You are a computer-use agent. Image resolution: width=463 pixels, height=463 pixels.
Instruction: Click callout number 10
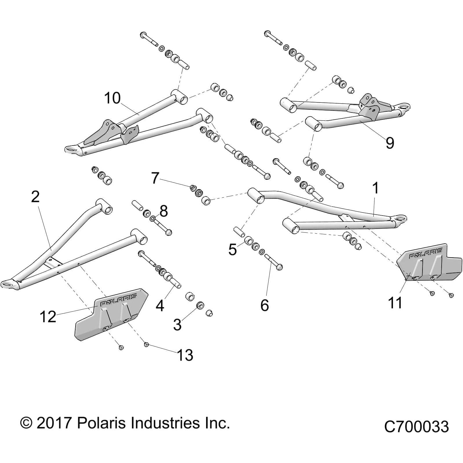[x=112, y=98]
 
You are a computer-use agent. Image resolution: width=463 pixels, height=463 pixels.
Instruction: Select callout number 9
[x=390, y=143]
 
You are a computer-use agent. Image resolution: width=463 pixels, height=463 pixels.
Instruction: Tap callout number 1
[x=376, y=188]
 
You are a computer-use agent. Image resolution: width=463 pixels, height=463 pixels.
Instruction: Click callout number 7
[x=155, y=178]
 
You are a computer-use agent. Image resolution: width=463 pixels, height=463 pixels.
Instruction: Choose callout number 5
[x=232, y=249]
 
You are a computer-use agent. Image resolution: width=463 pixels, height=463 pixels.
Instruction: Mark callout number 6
[x=264, y=305]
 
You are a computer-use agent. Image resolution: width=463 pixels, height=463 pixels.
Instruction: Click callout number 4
[x=160, y=305]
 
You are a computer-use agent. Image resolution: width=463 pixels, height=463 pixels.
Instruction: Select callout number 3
[x=177, y=324]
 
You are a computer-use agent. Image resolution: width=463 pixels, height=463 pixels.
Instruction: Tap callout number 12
[x=48, y=317]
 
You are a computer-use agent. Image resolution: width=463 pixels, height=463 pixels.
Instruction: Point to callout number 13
[x=185, y=355]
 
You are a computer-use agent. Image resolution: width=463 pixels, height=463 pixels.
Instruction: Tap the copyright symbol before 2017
[x=26, y=423]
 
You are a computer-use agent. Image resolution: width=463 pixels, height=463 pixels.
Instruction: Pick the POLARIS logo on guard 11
[x=425, y=253]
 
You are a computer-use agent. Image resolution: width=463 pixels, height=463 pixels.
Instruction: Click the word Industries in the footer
[x=165, y=423]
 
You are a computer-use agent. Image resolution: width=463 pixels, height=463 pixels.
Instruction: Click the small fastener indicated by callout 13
[x=146, y=344]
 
